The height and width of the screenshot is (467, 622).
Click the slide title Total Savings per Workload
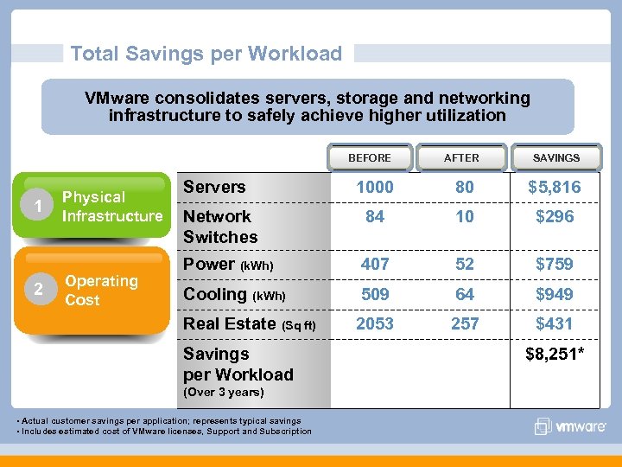pos(206,54)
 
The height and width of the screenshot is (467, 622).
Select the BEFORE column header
pos(369,157)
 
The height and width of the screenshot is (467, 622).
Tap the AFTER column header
pos(461,157)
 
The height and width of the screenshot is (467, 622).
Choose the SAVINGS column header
pos(556,157)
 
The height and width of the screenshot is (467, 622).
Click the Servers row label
pos(214,187)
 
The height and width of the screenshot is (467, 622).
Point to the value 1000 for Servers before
pos(375,188)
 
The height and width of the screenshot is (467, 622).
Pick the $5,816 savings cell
pos(555,188)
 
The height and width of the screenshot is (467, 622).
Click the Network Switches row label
pos(219,227)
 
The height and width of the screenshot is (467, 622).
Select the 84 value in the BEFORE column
pos(375,217)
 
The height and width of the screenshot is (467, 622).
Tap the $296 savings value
pos(555,217)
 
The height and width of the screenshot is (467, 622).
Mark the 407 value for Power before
pos(375,265)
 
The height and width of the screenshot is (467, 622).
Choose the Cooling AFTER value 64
pos(465,295)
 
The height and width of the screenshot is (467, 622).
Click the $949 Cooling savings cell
pos(555,295)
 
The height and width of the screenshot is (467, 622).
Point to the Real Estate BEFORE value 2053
pos(375,324)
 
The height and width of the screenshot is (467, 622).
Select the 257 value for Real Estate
pos(465,324)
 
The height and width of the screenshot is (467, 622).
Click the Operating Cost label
pos(101,291)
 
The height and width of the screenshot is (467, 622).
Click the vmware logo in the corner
pos(568,425)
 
